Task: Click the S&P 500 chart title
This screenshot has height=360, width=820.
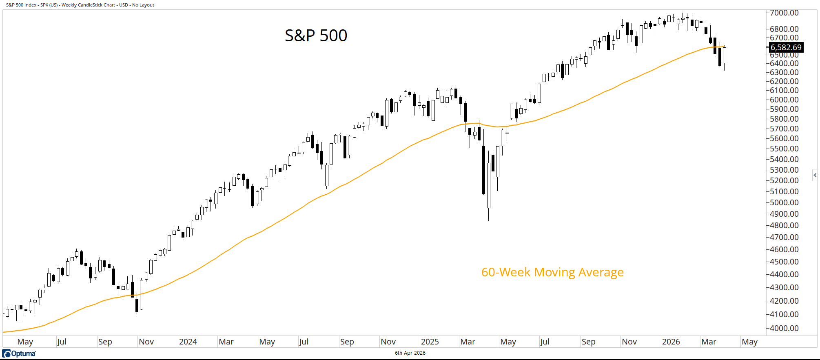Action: [316, 36]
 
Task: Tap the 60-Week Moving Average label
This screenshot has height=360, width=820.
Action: [552, 272]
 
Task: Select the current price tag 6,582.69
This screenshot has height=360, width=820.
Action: [786, 47]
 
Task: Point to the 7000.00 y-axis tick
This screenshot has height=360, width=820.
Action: [784, 13]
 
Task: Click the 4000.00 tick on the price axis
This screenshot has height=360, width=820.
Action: [784, 328]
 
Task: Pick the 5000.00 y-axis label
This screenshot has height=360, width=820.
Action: [784, 202]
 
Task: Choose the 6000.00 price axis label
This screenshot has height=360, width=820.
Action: [784, 100]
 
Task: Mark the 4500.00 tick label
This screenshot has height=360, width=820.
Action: [784, 262]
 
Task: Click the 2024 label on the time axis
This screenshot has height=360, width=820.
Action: [188, 342]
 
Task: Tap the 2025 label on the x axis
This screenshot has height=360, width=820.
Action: [430, 342]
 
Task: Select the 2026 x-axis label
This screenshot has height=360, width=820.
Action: [671, 342]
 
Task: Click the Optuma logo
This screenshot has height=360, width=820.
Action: [19, 353]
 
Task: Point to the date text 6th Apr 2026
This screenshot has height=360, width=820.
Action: [410, 353]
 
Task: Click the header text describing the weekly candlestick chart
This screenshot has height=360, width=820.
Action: [80, 5]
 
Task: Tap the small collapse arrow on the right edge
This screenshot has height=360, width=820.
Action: [815, 175]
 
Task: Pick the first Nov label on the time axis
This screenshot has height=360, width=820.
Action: [146, 342]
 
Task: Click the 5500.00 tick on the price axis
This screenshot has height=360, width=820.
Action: [784, 149]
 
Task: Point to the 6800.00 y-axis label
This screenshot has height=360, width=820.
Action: [784, 29]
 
